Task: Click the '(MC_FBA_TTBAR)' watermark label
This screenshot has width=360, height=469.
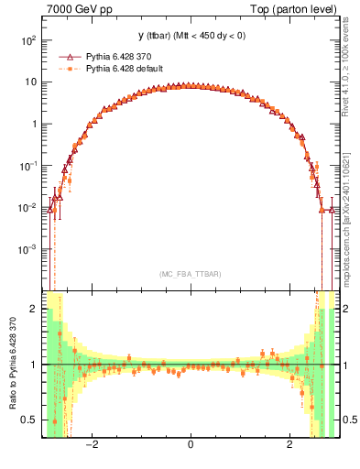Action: (x=190, y=274)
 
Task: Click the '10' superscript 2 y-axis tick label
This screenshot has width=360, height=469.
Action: (x=27, y=40)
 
